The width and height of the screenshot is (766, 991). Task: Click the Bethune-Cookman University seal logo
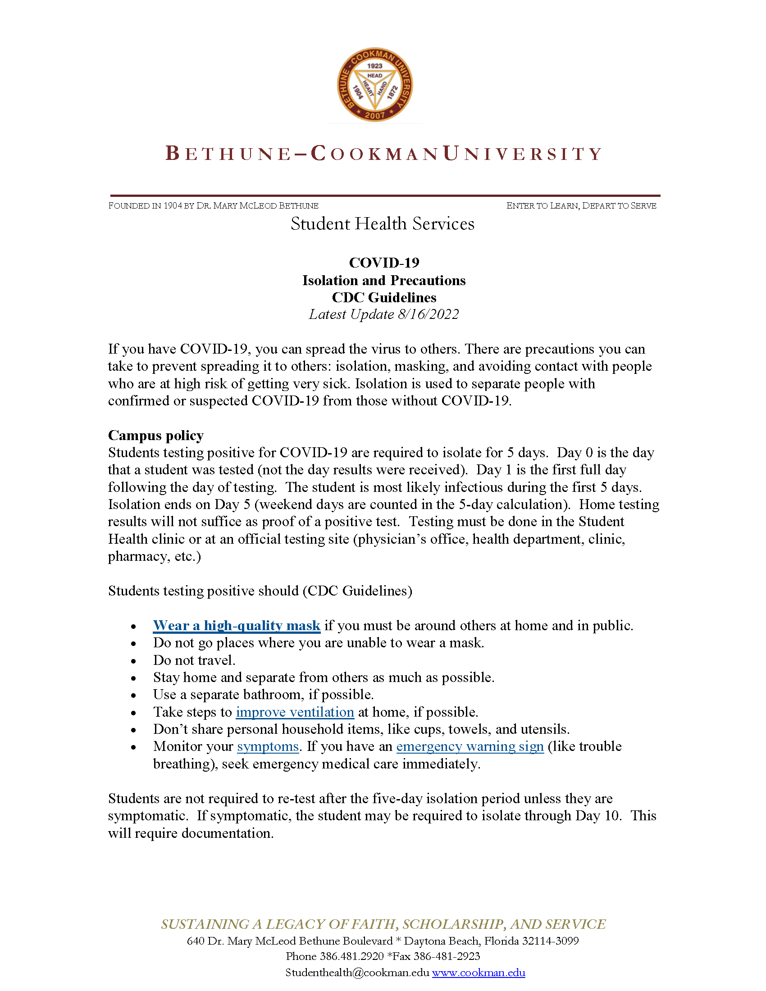[375, 85]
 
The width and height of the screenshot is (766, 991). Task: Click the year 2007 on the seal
[375, 115]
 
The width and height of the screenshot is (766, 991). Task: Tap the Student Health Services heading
[383, 224]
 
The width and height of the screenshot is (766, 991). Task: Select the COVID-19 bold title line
[384, 262]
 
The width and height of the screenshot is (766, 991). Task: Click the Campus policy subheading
[155, 435]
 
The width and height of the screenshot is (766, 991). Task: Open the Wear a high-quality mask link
[237, 625]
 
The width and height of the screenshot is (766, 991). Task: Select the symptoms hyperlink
[268, 746]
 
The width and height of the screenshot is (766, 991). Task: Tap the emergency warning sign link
[470, 746]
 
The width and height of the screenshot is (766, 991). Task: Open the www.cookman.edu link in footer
[478, 973]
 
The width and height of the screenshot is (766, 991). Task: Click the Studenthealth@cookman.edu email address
[357, 973]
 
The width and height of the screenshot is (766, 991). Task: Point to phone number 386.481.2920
[352, 956]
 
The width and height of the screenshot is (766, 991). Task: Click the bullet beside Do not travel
[133, 661]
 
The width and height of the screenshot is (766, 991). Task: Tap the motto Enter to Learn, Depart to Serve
[581, 205]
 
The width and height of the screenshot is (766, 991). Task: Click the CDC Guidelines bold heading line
[384, 297]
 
